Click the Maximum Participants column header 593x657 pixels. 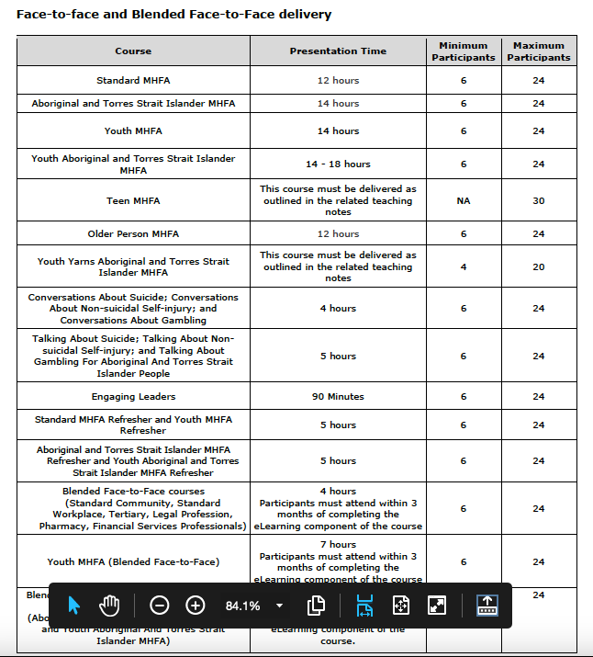[539, 51]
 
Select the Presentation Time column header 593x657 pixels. [338, 51]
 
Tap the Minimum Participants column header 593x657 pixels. [464, 51]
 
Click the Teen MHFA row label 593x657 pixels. [133, 200]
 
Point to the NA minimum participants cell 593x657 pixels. [464, 200]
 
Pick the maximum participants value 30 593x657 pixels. [539, 200]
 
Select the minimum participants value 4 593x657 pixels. [464, 266]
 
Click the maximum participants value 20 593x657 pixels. [539, 266]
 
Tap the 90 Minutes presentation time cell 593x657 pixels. [338, 397]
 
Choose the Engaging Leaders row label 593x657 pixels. [133, 397]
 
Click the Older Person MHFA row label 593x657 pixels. [133, 233]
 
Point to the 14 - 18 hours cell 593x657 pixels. [338, 164]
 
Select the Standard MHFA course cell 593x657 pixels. [133, 80]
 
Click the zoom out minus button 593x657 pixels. [159, 606]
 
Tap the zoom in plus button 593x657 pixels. [196, 606]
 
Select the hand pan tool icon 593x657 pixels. [110, 606]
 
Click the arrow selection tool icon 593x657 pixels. [75, 606]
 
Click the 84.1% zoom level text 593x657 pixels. [243, 606]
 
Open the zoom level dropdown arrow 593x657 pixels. [279, 606]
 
